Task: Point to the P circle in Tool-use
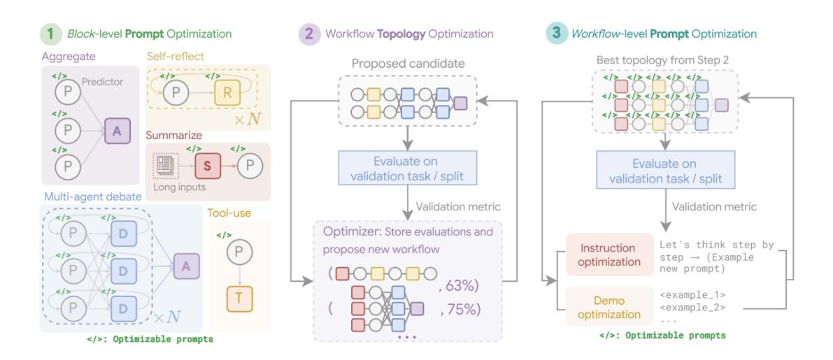(238, 251)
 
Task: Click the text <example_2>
(693, 306)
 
